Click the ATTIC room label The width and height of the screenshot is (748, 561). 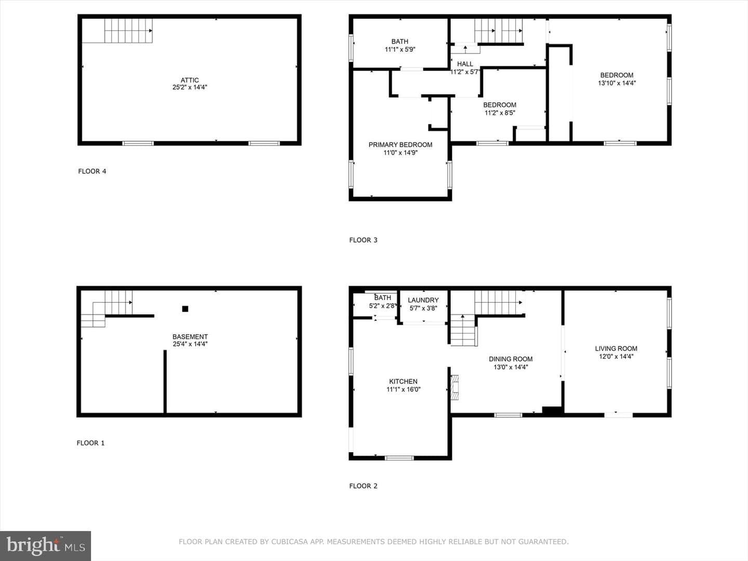190,80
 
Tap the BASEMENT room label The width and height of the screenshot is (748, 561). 190,337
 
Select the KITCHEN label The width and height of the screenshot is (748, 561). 403,381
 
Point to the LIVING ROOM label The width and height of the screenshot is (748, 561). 616,349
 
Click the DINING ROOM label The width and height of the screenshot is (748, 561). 511,359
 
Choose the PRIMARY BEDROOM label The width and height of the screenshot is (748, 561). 400,145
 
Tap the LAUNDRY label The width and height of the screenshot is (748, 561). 423,300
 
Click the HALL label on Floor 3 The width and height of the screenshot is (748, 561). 465,64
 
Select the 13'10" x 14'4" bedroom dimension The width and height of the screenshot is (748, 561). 617,83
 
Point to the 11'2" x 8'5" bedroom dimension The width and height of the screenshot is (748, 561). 500,113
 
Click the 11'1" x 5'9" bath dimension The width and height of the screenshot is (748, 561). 400,49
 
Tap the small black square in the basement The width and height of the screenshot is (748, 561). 185,309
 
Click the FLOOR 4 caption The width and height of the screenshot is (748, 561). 92,171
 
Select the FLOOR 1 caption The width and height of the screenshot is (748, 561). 91,443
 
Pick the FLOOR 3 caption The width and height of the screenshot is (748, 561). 363,240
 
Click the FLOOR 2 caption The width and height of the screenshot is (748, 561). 363,486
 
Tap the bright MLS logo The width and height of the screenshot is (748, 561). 45,545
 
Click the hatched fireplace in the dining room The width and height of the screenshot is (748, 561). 455,388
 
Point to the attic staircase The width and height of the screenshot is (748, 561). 128,31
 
